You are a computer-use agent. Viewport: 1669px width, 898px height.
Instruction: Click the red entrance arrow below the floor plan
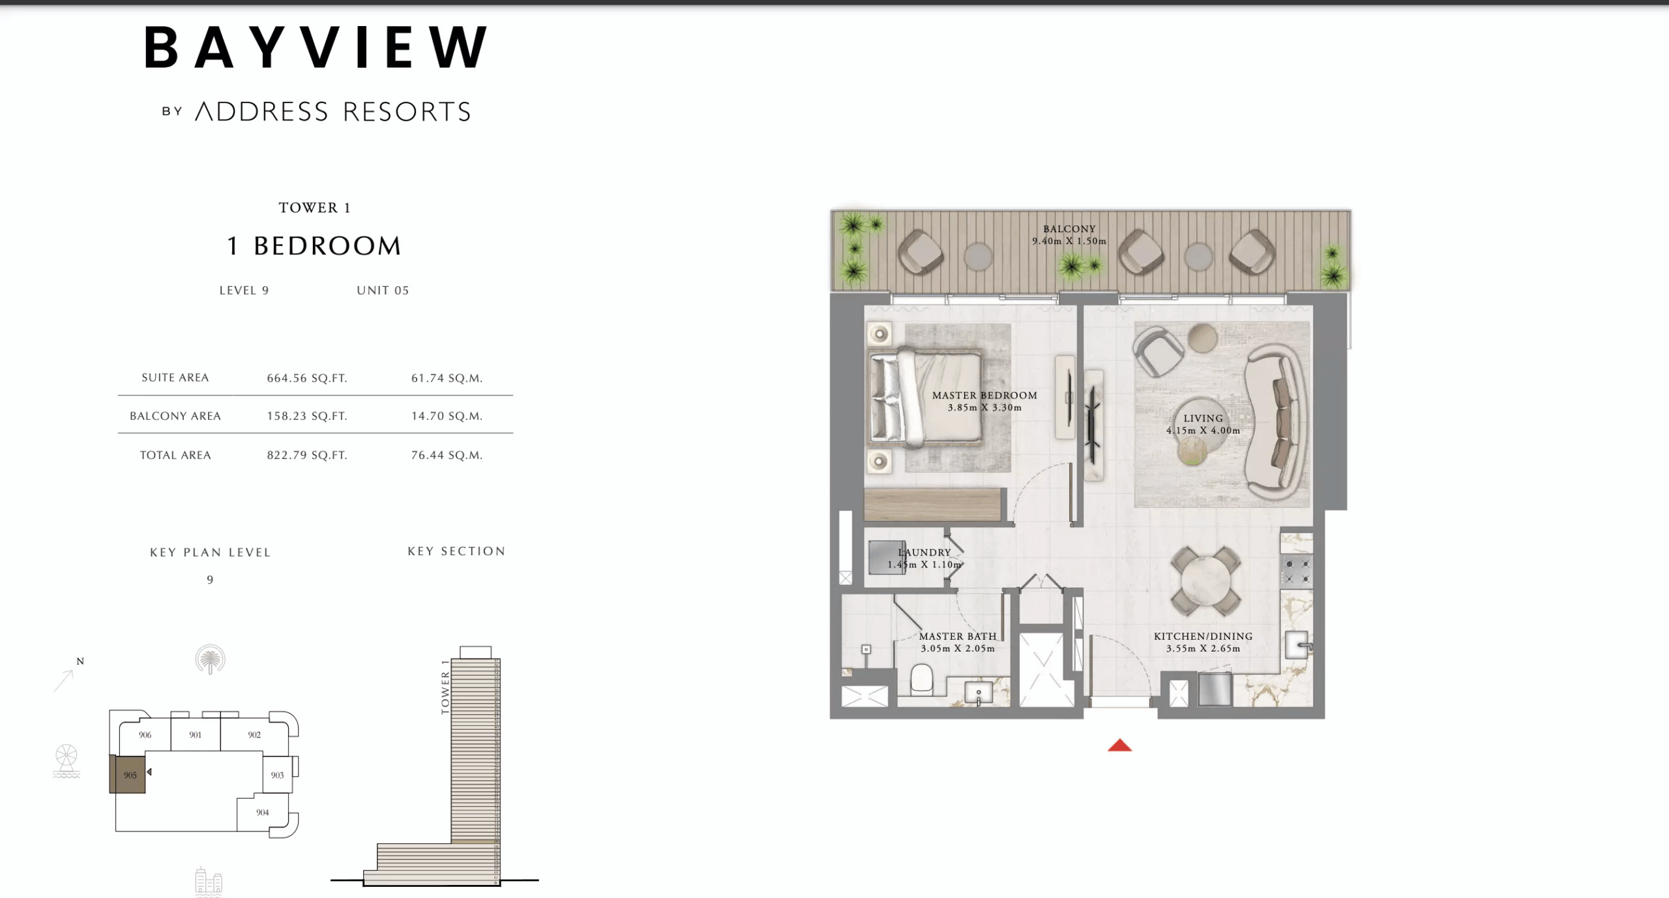click(1119, 745)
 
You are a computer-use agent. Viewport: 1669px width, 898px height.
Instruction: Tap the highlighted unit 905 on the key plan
click(128, 775)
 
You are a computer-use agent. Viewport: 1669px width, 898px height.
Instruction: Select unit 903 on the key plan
click(277, 775)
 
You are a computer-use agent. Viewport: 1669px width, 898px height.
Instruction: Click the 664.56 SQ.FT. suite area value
click(306, 378)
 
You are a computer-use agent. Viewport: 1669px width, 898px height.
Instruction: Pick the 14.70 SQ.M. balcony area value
click(447, 416)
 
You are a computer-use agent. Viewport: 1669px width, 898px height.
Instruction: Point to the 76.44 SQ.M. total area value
click(447, 455)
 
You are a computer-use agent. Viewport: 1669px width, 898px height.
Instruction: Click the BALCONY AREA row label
click(175, 416)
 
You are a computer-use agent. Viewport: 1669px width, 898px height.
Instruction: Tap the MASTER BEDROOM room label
click(984, 395)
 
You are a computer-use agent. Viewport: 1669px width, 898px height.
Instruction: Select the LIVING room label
click(1204, 419)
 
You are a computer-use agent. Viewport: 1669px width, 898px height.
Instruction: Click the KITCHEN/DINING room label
click(1203, 636)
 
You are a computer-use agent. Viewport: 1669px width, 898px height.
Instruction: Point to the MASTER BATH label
click(958, 636)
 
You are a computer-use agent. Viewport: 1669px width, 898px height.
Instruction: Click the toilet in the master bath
click(921, 678)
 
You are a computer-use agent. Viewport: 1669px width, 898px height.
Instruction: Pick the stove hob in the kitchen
click(1296, 571)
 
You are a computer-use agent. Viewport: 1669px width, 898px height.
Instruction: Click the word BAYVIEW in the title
click(316, 48)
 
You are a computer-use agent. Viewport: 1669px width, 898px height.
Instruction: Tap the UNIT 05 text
click(383, 291)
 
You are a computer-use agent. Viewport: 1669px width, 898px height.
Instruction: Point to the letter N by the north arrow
click(80, 661)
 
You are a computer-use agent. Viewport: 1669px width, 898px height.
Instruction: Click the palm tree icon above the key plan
click(210, 659)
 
